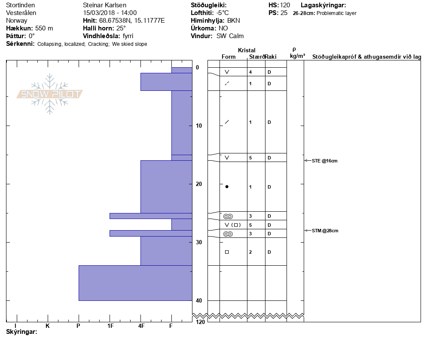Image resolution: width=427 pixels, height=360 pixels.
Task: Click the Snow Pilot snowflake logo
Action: [x=49, y=94]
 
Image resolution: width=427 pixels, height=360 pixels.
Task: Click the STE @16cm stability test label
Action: [x=324, y=161]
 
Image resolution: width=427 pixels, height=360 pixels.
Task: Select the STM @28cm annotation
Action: [x=325, y=231]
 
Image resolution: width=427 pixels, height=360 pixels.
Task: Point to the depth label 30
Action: [x=199, y=242]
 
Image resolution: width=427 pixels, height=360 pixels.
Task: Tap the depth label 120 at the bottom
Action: [x=200, y=322]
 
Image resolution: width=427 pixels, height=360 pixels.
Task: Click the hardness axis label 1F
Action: [x=110, y=326]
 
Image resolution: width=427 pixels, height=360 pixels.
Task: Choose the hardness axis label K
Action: [x=48, y=326]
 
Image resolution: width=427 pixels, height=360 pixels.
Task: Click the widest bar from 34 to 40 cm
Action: [x=135, y=283]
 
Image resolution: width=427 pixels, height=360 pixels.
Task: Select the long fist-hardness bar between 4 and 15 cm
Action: [x=182, y=123]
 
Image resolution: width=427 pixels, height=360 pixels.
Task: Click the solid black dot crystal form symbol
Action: [x=227, y=187]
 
